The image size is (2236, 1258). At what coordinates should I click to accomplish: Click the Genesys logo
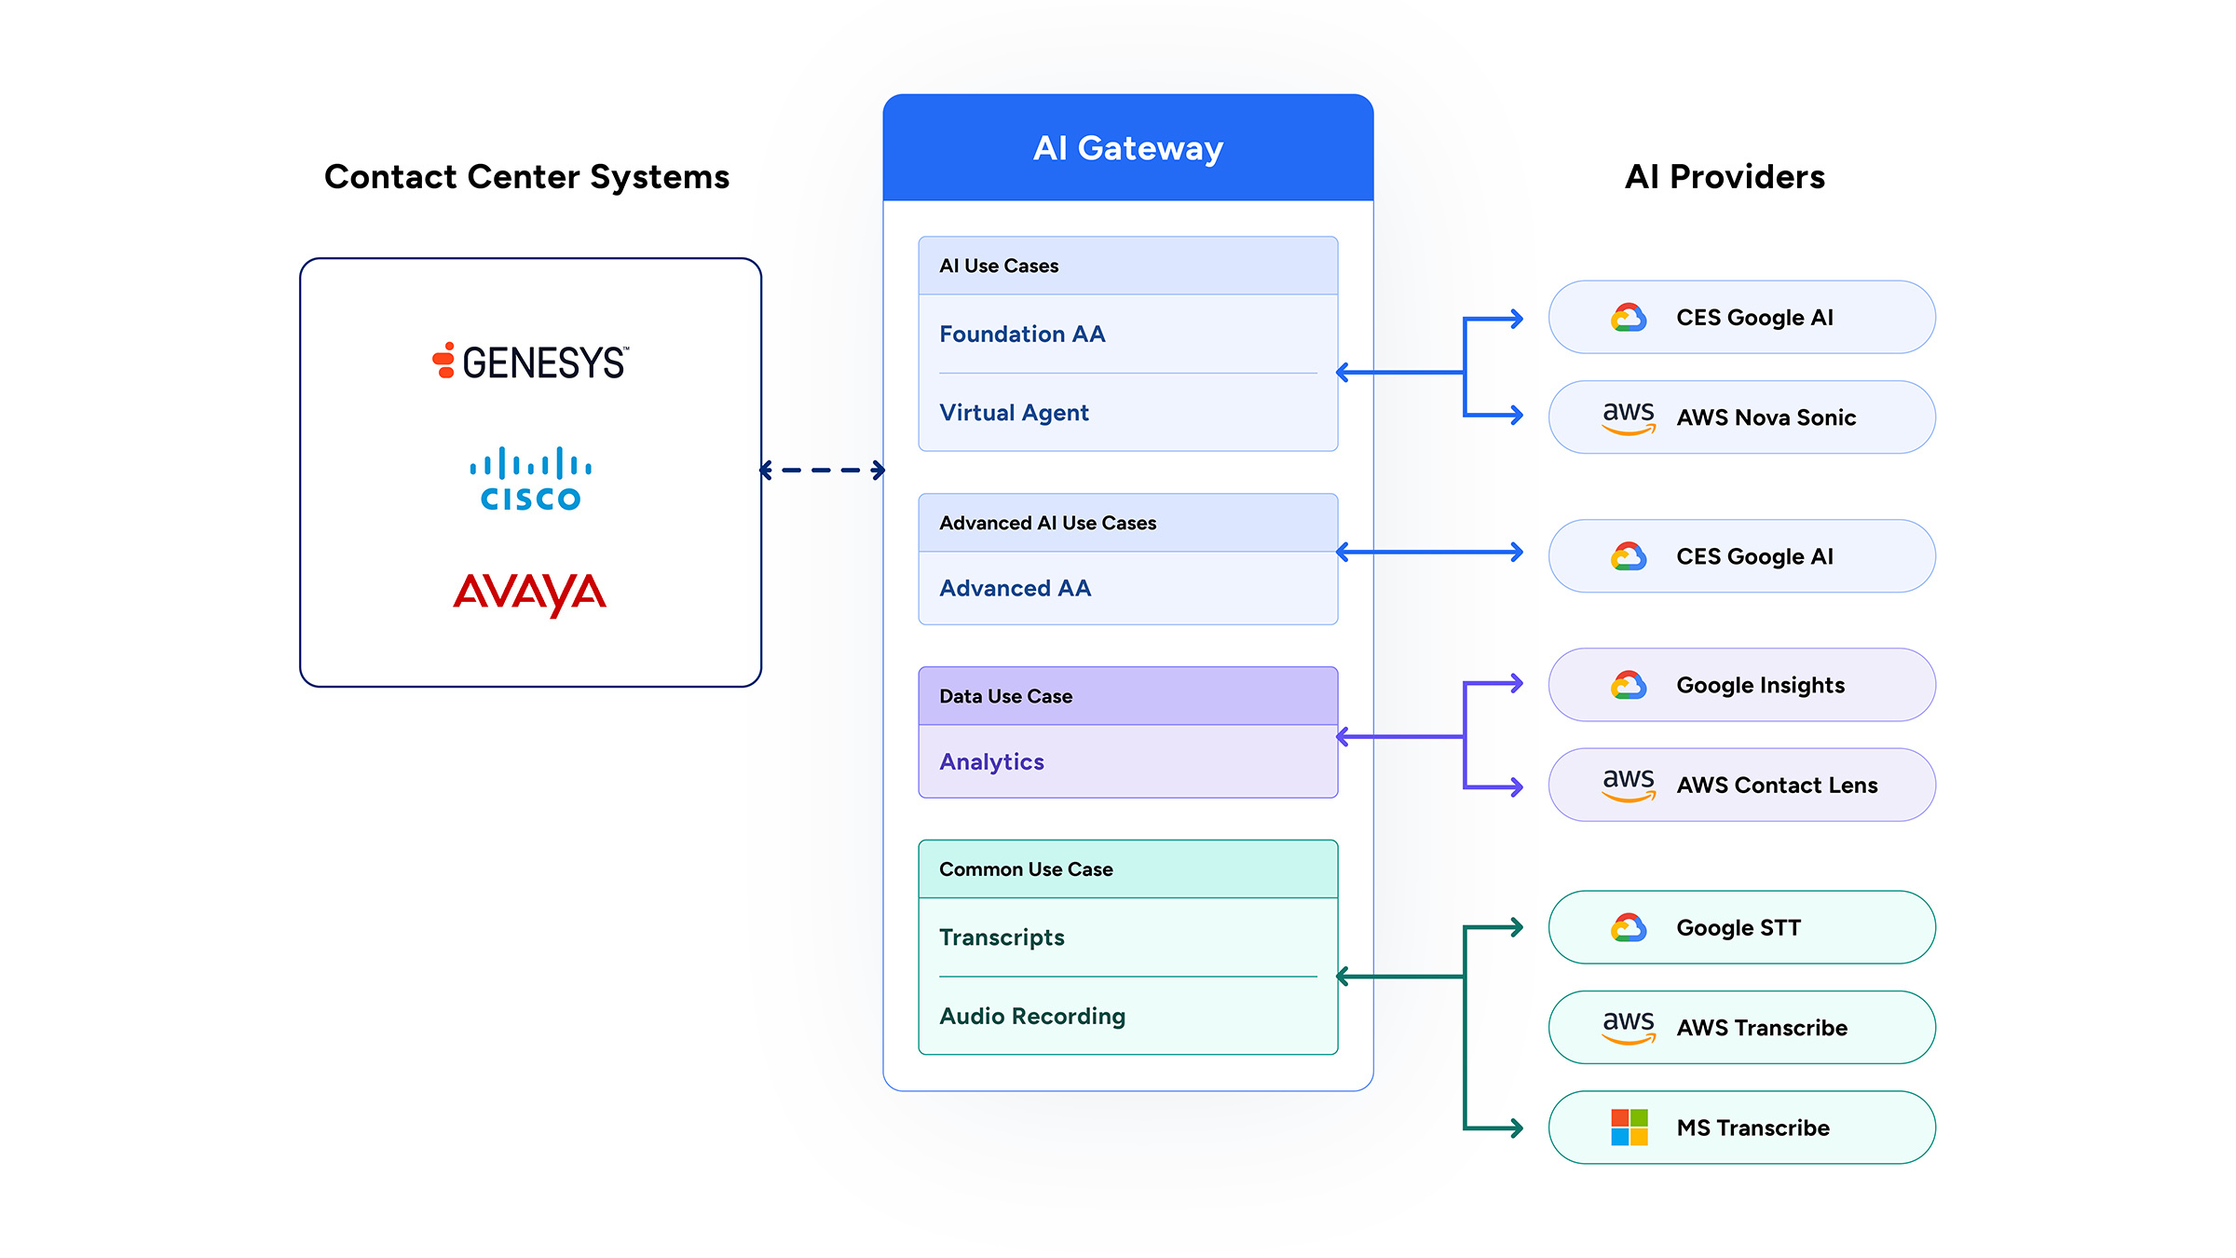(x=530, y=362)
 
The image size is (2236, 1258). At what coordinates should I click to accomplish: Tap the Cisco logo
(x=530, y=479)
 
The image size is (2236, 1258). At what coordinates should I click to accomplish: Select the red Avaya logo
(x=530, y=595)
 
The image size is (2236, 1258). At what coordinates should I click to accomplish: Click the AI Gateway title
(x=1128, y=148)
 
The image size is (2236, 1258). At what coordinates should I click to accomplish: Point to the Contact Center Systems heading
(x=527, y=177)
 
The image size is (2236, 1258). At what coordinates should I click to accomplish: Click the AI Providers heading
(x=1725, y=177)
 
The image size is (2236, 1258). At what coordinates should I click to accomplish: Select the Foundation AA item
(x=1022, y=334)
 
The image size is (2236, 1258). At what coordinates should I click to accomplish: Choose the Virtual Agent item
(x=1014, y=413)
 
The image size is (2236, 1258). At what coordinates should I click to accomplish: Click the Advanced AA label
(x=1016, y=588)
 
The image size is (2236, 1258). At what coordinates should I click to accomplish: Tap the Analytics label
(x=991, y=762)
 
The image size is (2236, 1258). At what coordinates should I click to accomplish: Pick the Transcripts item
(x=1002, y=937)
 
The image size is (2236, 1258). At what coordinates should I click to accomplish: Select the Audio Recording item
(x=1032, y=1016)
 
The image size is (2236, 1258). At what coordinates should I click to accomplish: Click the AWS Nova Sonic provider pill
(x=1742, y=417)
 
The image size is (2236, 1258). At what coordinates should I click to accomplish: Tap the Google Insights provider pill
(x=1742, y=685)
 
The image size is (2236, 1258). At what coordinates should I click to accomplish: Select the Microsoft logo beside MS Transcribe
(x=1629, y=1128)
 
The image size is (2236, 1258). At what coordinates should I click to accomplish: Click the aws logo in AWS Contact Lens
(x=1629, y=785)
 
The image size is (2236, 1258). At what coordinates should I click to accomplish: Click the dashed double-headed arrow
(x=823, y=471)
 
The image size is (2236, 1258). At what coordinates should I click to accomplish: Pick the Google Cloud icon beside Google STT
(x=1629, y=927)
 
